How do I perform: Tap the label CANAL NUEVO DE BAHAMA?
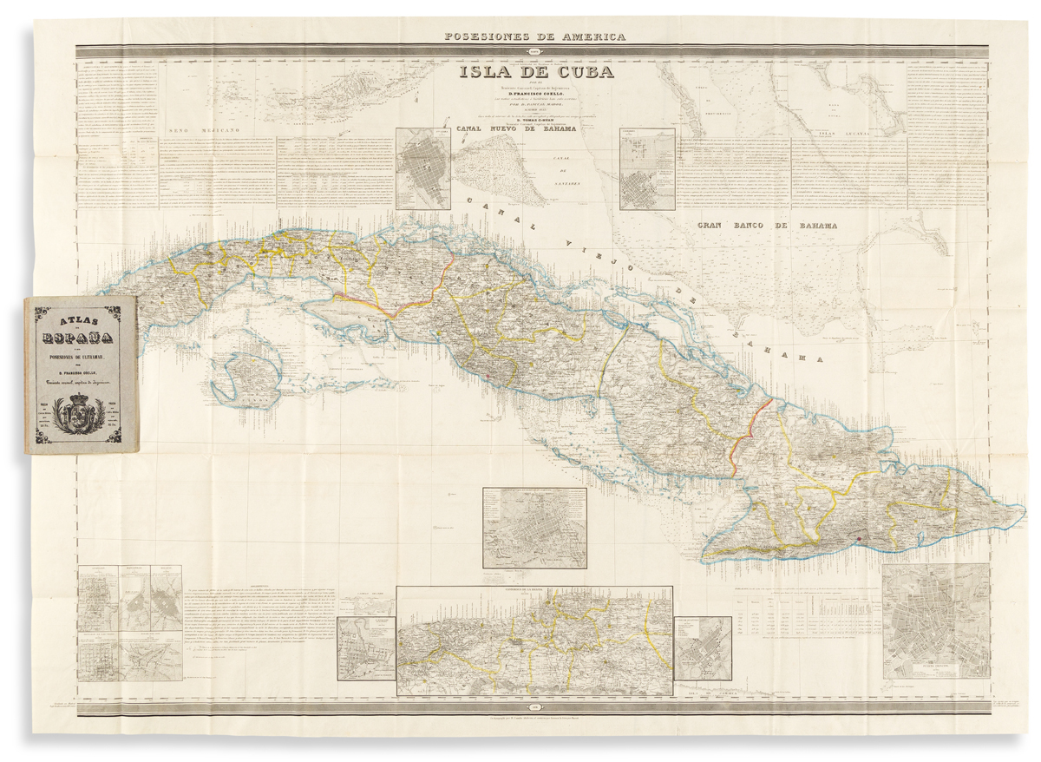click(x=529, y=129)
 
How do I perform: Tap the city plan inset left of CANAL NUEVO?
click(x=425, y=168)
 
